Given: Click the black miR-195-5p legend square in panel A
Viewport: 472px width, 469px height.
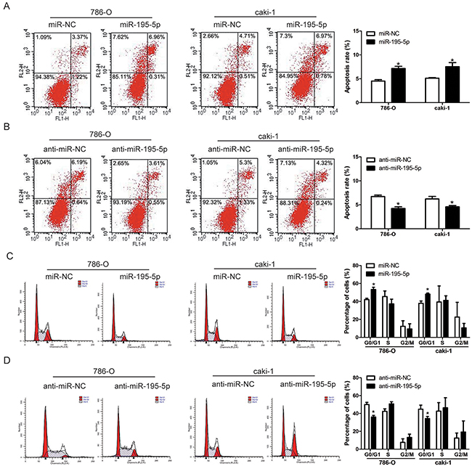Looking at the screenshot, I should coord(372,42).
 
